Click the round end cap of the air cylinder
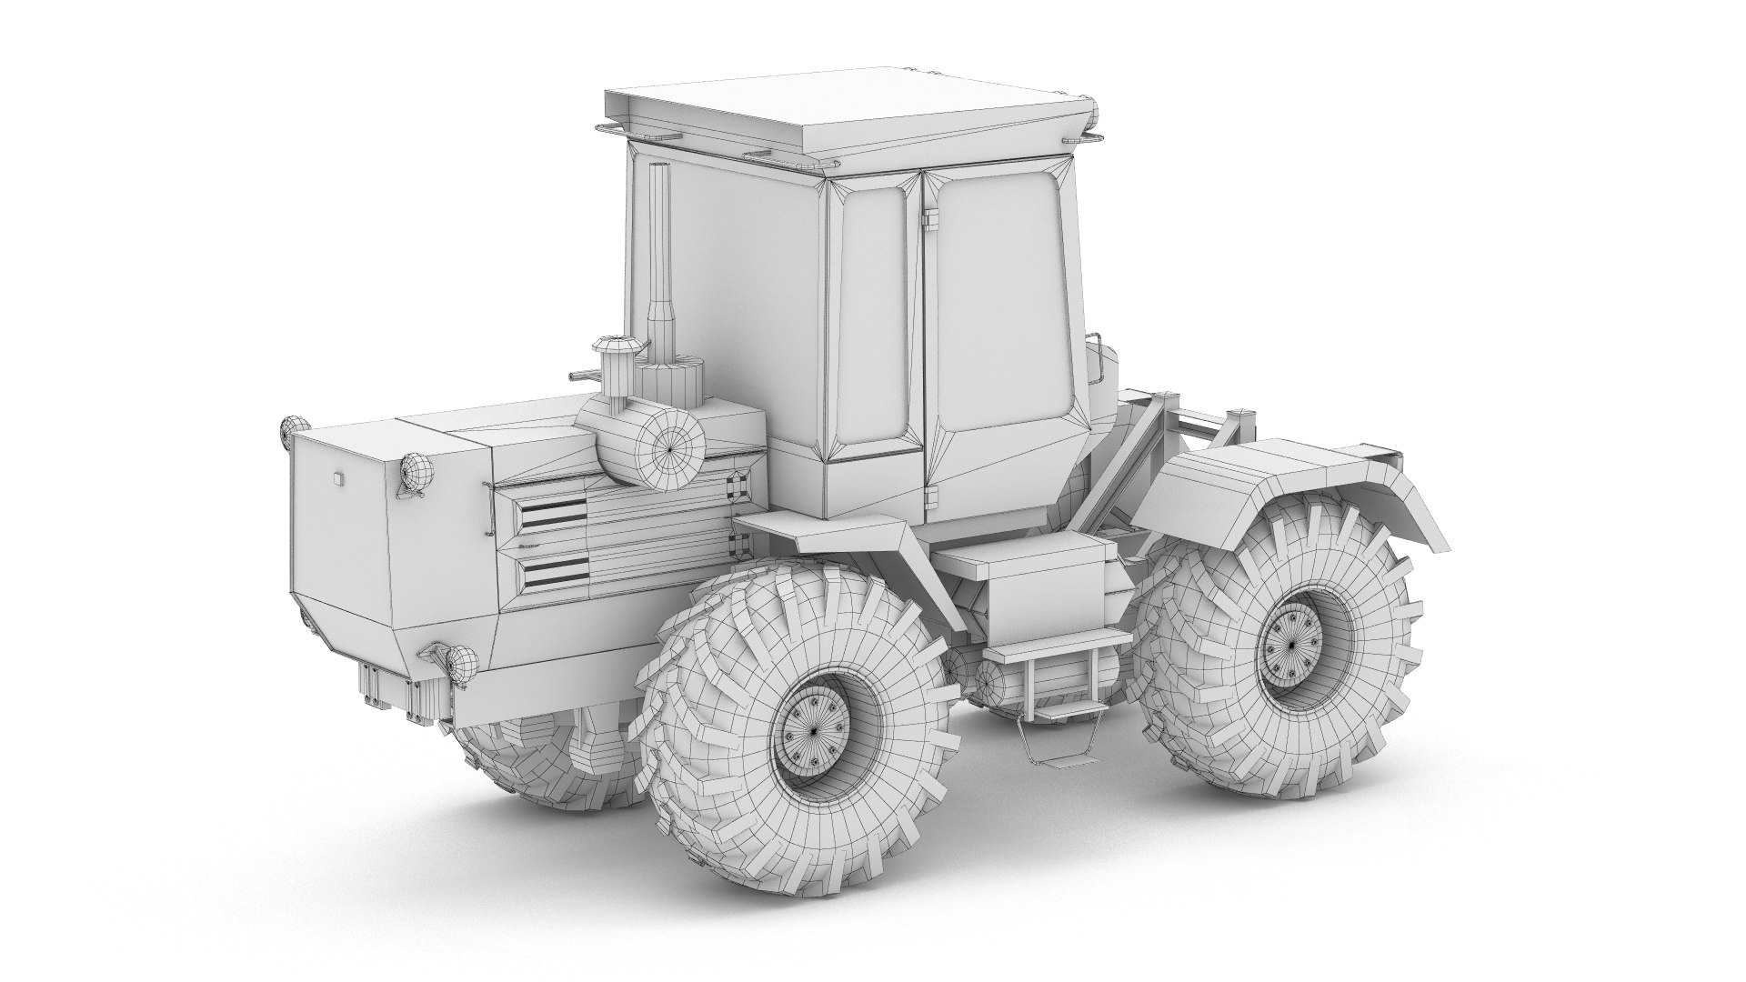click(670, 447)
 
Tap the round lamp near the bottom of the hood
click(460, 663)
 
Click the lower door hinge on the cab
click(929, 496)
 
